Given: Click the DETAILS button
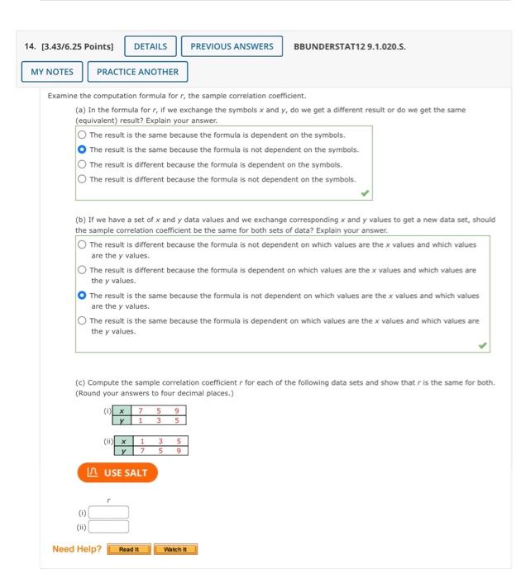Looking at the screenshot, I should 150,46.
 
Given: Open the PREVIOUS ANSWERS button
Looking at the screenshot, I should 232,46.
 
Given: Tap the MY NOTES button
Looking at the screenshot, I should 52,72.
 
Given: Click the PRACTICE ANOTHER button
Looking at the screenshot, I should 137,72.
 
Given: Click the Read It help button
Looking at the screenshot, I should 129,549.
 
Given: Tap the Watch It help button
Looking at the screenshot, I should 175,549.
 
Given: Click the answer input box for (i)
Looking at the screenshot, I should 109,512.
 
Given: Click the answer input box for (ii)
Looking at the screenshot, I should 109,526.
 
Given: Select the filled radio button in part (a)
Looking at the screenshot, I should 82,149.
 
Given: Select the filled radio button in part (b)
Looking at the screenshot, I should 82,296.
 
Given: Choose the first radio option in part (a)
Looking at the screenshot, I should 82,135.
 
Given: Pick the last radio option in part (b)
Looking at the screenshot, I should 82,321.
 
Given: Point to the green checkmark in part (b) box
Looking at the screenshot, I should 482,346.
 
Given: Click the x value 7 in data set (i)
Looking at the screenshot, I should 141,410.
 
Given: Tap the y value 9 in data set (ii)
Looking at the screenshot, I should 177,451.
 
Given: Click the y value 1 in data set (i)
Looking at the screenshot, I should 141,420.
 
